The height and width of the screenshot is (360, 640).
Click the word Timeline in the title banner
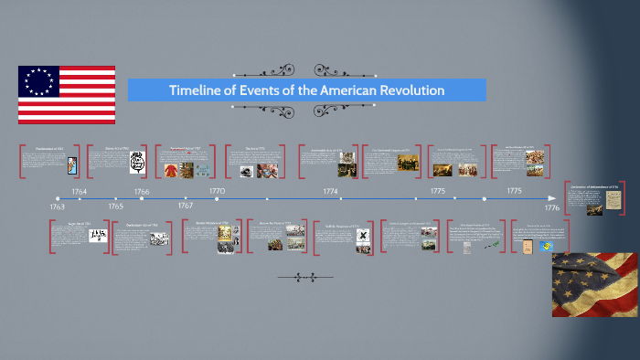point(196,90)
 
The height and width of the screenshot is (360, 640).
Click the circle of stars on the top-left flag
point(39,82)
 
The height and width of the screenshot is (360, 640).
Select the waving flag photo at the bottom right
point(594,284)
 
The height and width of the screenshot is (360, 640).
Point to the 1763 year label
point(57,206)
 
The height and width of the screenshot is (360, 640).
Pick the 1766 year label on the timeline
point(142,191)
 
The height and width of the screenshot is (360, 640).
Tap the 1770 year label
point(217,191)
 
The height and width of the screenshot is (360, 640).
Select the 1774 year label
point(330,191)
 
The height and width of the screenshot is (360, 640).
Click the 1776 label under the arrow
point(551,208)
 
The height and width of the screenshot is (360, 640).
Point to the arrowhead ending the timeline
point(551,197)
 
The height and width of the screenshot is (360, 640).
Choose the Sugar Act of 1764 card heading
point(70,222)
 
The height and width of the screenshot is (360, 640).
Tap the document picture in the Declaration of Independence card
point(595,207)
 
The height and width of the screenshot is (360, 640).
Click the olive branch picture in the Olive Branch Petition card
point(493,242)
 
